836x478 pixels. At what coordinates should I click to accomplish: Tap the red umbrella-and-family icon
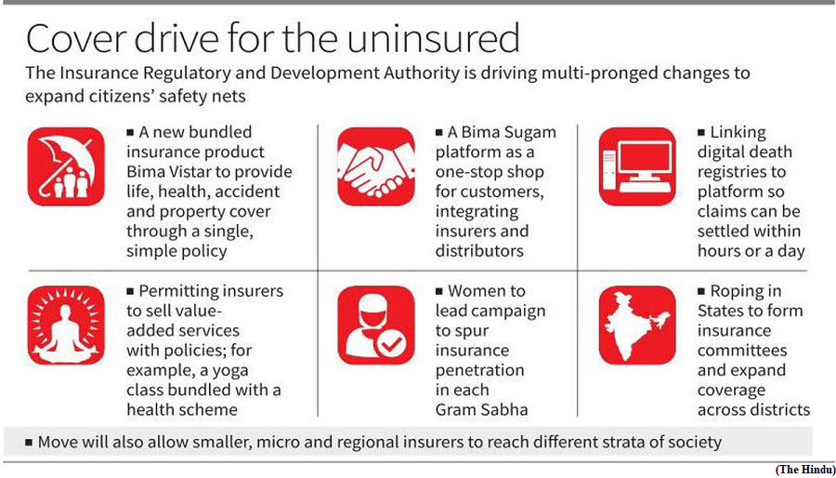click(x=66, y=166)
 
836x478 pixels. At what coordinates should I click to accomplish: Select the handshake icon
click(x=376, y=166)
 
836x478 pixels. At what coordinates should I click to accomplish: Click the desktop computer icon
click(x=637, y=166)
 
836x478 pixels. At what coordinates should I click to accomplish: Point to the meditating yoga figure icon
click(x=66, y=325)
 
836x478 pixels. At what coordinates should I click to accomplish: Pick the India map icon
click(x=637, y=325)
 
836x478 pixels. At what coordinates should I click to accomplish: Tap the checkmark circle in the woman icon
click(x=394, y=344)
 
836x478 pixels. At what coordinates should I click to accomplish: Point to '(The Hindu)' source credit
click(x=805, y=470)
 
